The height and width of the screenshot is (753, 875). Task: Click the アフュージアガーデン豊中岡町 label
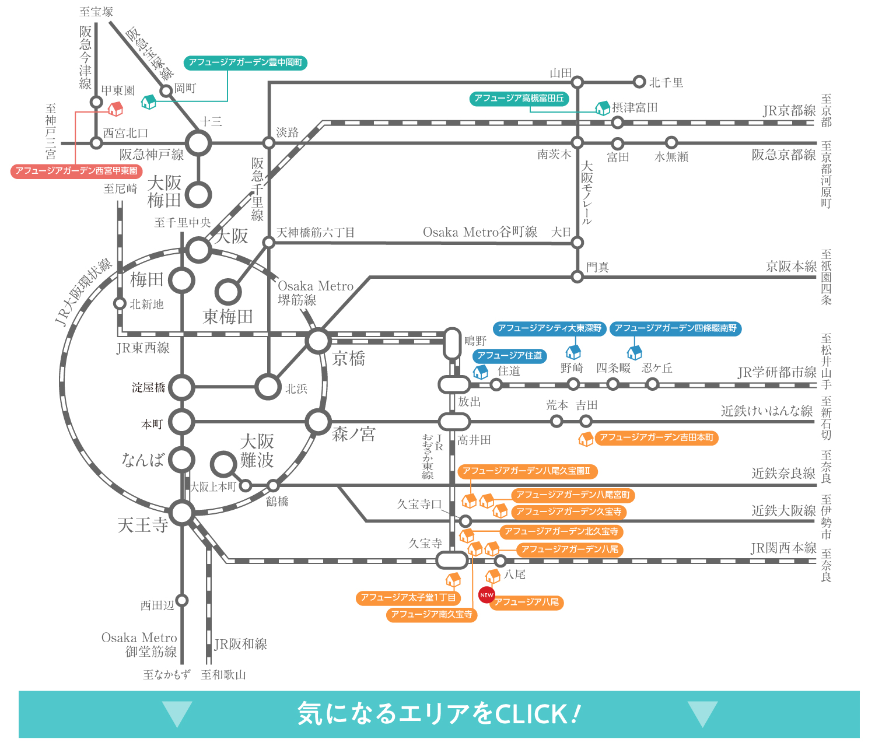[246, 62]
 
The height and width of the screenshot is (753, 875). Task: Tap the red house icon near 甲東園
[116, 108]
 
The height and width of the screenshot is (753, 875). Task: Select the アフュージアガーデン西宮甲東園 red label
[76, 171]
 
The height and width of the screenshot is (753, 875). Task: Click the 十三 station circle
[198, 142]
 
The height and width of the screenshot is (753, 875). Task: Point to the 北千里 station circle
[639, 82]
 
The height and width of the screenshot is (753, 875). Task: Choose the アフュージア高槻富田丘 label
[519, 99]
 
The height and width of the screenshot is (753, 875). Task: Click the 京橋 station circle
[318, 341]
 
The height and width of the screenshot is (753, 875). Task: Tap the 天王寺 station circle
[183, 513]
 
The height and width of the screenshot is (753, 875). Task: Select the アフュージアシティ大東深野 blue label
[549, 328]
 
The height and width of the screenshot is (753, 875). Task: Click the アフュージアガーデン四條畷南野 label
[675, 328]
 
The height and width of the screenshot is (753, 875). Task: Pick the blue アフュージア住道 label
[509, 355]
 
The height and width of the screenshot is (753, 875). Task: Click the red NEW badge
[487, 595]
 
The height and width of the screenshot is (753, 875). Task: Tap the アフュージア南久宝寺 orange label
[432, 614]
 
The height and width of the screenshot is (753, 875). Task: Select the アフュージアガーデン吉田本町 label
[656, 437]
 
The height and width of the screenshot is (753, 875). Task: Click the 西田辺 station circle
[182, 600]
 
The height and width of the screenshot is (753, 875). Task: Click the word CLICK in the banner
[530, 715]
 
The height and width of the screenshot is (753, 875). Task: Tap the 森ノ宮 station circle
[318, 421]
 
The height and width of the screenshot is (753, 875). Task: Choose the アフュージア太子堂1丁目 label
[408, 597]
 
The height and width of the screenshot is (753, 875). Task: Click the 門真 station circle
[577, 276]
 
